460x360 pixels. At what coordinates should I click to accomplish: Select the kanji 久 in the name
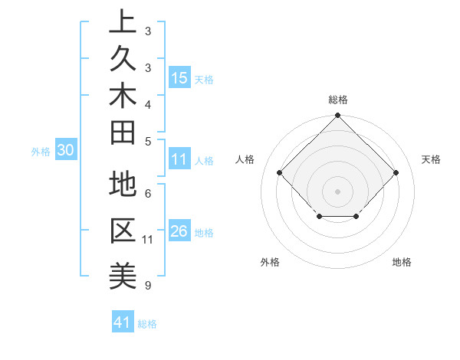(122, 61)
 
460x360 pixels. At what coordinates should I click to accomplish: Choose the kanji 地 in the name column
(122, 185)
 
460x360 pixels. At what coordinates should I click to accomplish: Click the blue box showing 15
(179, 77)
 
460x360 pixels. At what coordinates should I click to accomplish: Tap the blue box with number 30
(66, 151)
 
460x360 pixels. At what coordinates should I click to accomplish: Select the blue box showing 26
(179, 231)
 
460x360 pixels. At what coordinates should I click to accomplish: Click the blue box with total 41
(123, 322)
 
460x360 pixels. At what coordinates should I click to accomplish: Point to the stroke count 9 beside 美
(147, 286)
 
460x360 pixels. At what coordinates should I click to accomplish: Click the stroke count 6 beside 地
(147, 194)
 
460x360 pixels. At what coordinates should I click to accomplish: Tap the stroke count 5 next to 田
(147, 141)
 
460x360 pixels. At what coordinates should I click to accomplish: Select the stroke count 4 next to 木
(147, 103)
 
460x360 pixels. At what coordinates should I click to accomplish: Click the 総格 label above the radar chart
(337, 100)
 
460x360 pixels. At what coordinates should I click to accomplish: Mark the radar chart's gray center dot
(337, 191)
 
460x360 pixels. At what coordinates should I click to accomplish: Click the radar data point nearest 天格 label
(396, 172)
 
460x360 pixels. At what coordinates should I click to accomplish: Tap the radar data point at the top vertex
(337, 116)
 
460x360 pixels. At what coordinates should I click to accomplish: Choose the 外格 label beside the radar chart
(270, 262)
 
